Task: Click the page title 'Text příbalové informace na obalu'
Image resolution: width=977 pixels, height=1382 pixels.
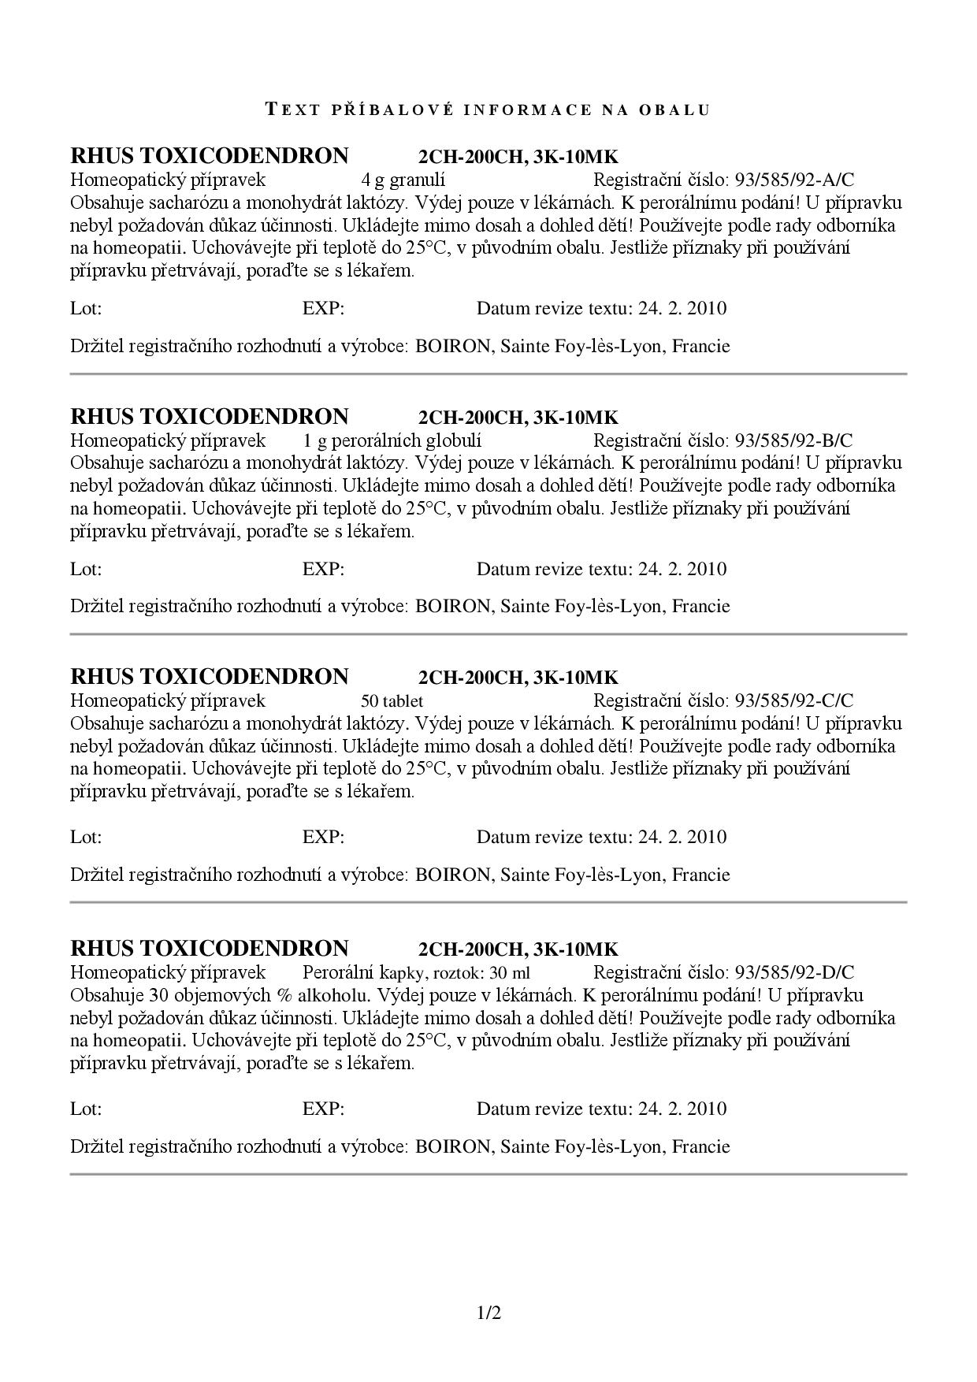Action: (x=489, y=110)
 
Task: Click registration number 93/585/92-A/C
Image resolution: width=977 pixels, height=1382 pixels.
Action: (x=794, y=180)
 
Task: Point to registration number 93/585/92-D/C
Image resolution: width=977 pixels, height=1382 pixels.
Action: (x=794, y=972)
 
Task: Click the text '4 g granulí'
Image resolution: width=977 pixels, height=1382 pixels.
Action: (x=403, y=180)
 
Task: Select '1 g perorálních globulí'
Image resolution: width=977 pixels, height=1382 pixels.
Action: (x=392, y=440)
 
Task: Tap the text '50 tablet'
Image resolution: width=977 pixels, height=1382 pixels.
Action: (x=392, y=700)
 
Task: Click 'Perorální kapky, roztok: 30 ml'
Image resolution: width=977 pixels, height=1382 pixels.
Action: (x=416, y=972)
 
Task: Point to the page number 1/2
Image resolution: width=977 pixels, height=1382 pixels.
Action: (x=489, y=1313)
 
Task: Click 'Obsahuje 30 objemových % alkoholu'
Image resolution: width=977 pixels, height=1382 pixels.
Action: (x=217, y=995)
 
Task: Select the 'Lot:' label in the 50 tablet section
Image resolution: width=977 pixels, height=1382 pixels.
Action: (x=86, y=837)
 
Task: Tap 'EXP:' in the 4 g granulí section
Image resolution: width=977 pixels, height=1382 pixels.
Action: (x=323, y=308)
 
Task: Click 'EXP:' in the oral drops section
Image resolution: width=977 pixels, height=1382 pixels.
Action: (x=323, y=1109)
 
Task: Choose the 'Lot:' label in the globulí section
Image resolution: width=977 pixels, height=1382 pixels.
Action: (x=86, y=569)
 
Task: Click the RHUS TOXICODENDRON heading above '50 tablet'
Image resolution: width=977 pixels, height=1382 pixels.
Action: (x=209, y=677)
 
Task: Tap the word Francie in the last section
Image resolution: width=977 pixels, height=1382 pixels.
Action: (x=700, y=1146)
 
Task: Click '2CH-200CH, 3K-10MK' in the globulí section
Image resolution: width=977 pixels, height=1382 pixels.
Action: (x=518, y=418)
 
